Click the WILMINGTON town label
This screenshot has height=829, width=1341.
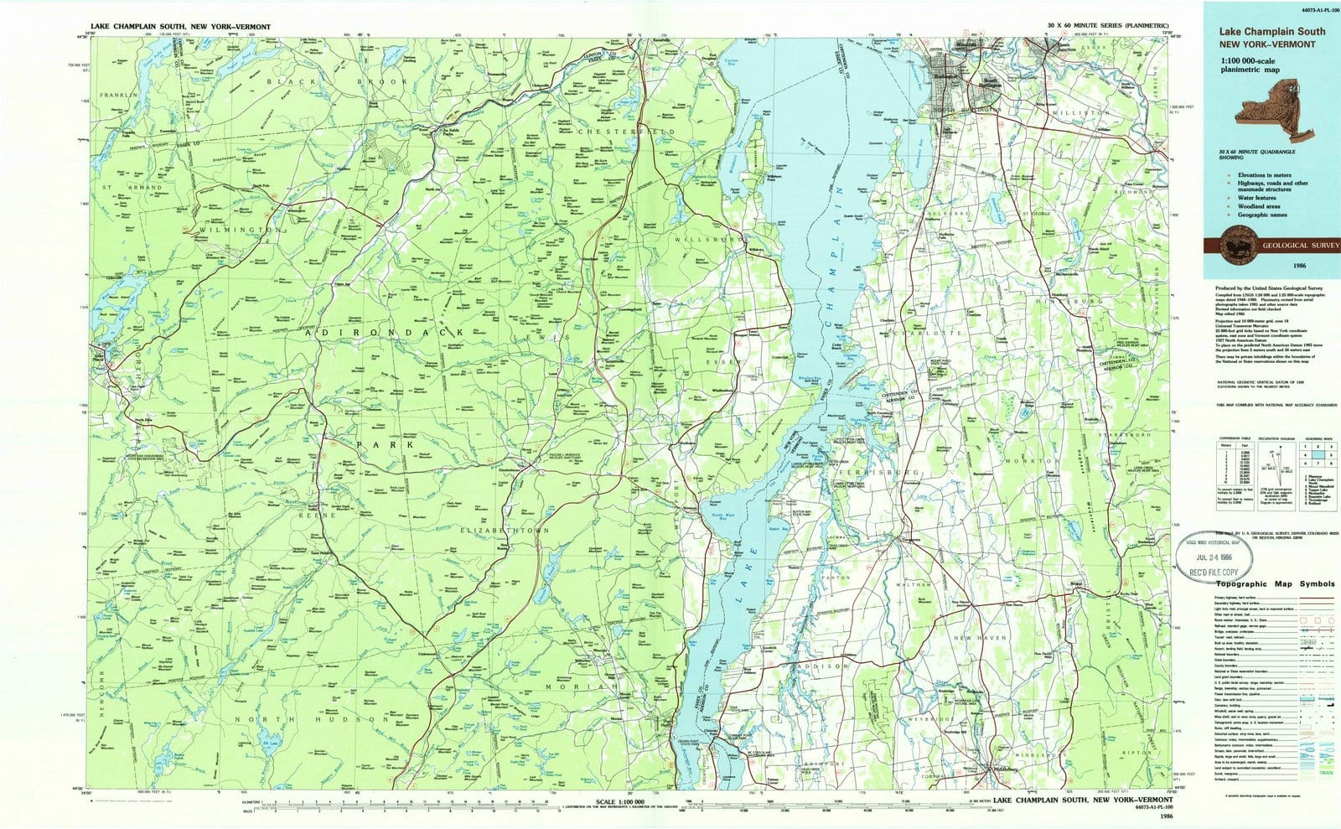coord(239,228)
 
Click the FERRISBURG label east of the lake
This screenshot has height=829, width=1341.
coord(887,473)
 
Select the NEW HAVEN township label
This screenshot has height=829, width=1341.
coord(979,638)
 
